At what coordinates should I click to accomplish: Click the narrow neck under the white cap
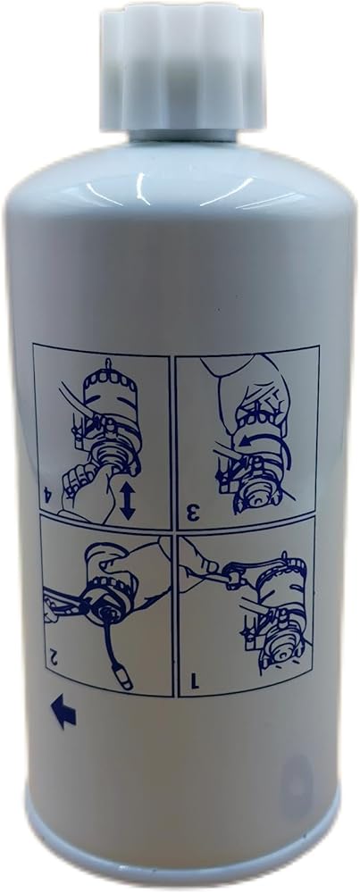point(182,136)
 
